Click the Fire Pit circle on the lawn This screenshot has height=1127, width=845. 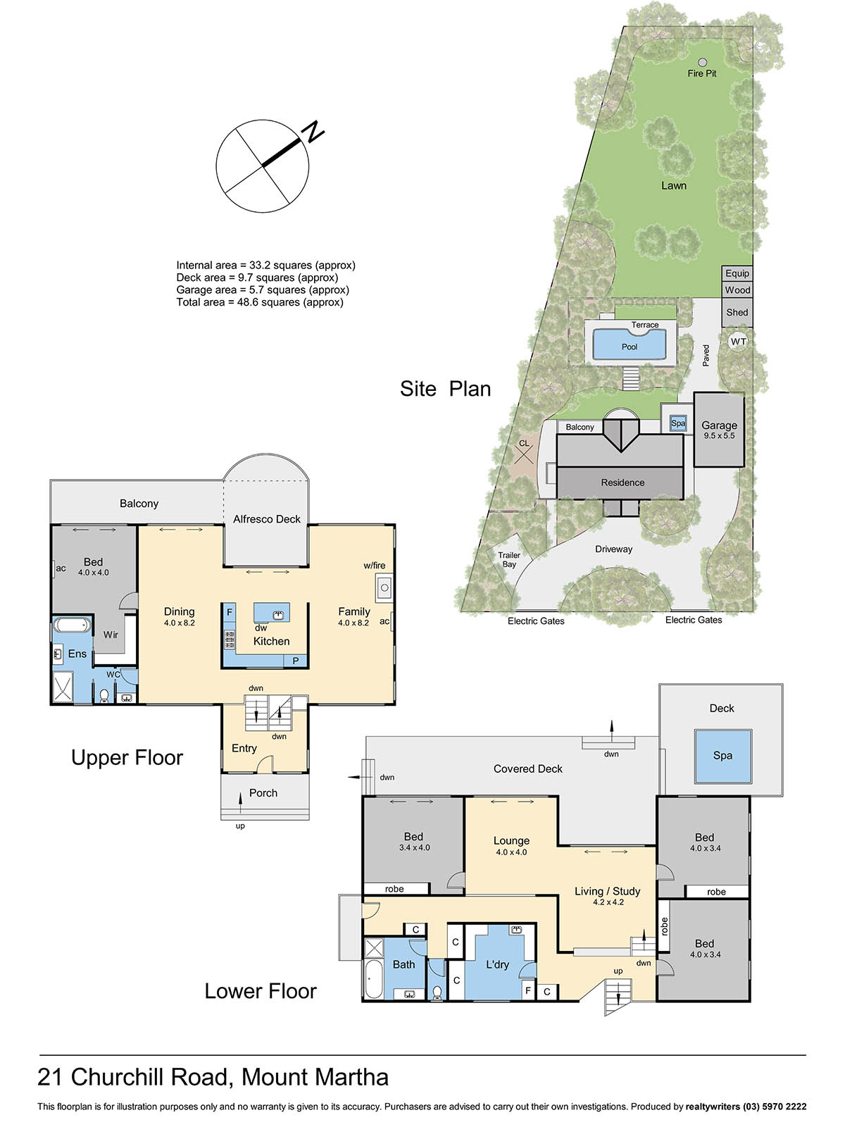702,62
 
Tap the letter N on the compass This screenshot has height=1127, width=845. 313,132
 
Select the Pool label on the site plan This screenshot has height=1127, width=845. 630,347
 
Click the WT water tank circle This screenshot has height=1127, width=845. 738,342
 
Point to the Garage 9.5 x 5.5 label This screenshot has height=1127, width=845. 719,430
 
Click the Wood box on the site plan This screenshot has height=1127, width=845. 737,290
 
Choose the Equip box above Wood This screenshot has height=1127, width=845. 737,274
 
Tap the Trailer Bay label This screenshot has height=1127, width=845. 509,560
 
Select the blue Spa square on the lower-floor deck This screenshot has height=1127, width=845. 723,756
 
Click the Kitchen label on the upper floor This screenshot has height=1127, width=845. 271,641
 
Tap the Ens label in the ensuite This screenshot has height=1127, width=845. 77,654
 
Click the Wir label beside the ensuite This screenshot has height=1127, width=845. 111,635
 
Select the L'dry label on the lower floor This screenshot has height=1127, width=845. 497,965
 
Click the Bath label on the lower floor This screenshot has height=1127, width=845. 403,965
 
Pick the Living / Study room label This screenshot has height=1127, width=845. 608,891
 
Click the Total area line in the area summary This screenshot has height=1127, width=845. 260,302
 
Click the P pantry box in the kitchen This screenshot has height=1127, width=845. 296,661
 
